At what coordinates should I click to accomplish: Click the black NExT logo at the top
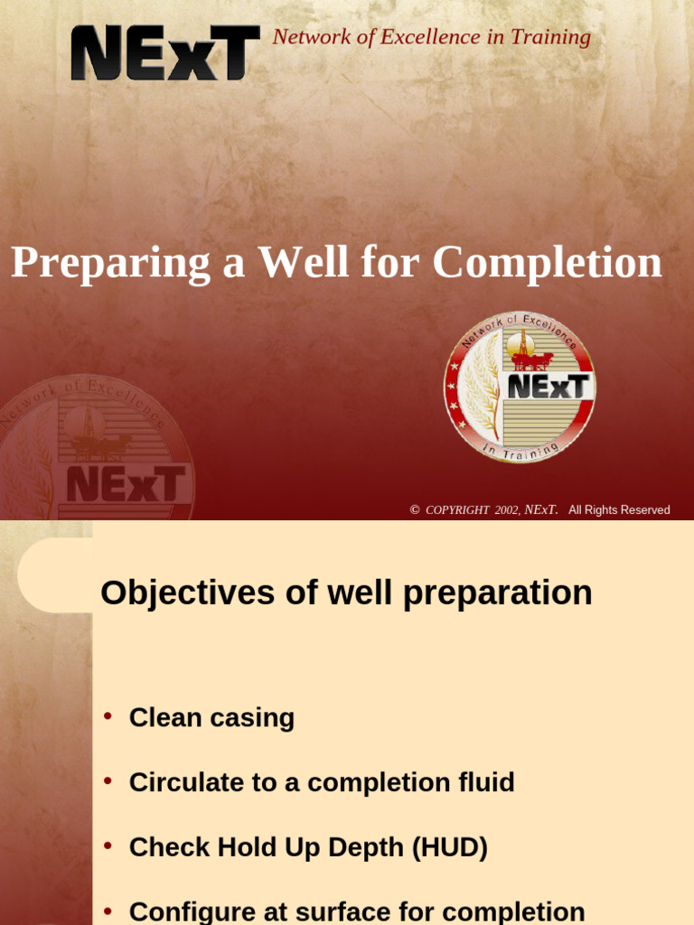pyautogui.click(x=165, y=53)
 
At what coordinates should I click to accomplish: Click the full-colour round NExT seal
pyautogui.click(x=519, y=388)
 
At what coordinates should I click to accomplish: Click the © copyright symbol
pyautogui.click(x=415, y=510)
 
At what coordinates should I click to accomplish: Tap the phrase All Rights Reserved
pyautogui.click(x=619, y=510)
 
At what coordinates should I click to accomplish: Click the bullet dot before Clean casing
pyautogui.click(x=108, y=716)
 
